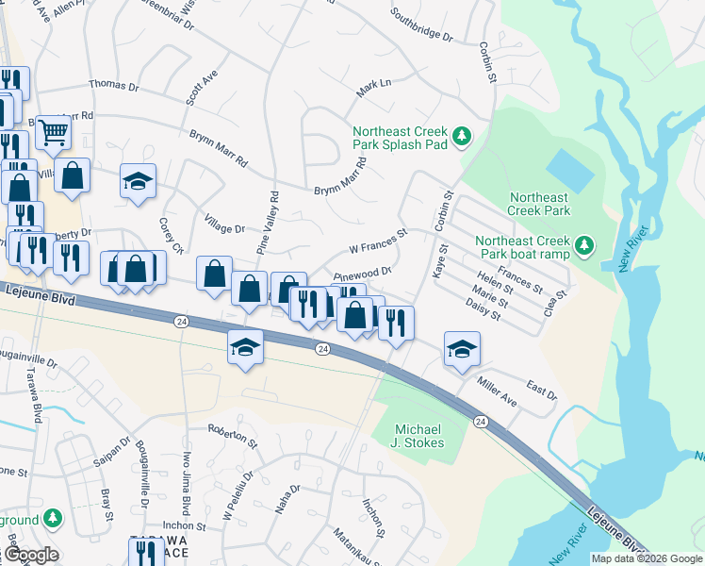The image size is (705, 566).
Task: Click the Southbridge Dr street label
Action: [421, 27]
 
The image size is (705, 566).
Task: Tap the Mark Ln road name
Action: [373, 90]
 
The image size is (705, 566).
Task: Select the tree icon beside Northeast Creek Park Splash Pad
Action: [462, 138]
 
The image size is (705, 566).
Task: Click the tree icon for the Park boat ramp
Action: [584, 247]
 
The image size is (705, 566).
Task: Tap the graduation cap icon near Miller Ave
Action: [462, 349]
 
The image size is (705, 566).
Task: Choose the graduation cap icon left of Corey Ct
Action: [139, 182]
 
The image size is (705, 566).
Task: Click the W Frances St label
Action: [378, 241]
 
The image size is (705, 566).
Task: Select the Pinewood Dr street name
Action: [362, 274]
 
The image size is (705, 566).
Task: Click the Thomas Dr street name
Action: [113, 85]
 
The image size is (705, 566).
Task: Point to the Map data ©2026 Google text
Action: [647, 558]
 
